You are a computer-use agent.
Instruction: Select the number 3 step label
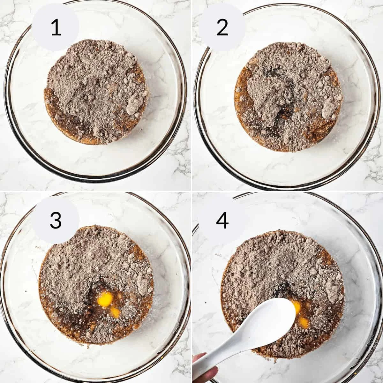point(56,220)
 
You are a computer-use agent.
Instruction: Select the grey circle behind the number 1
point(56,28)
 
